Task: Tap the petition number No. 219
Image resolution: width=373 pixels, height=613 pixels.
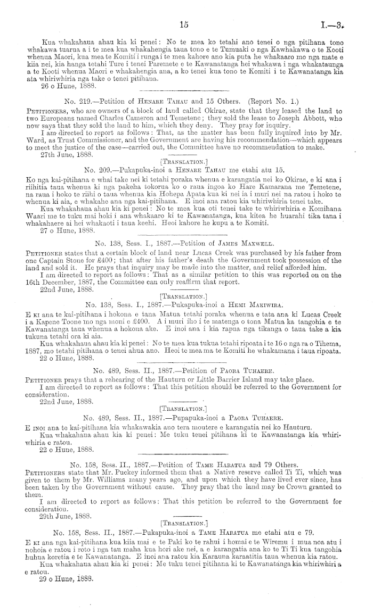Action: click(76, 100)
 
